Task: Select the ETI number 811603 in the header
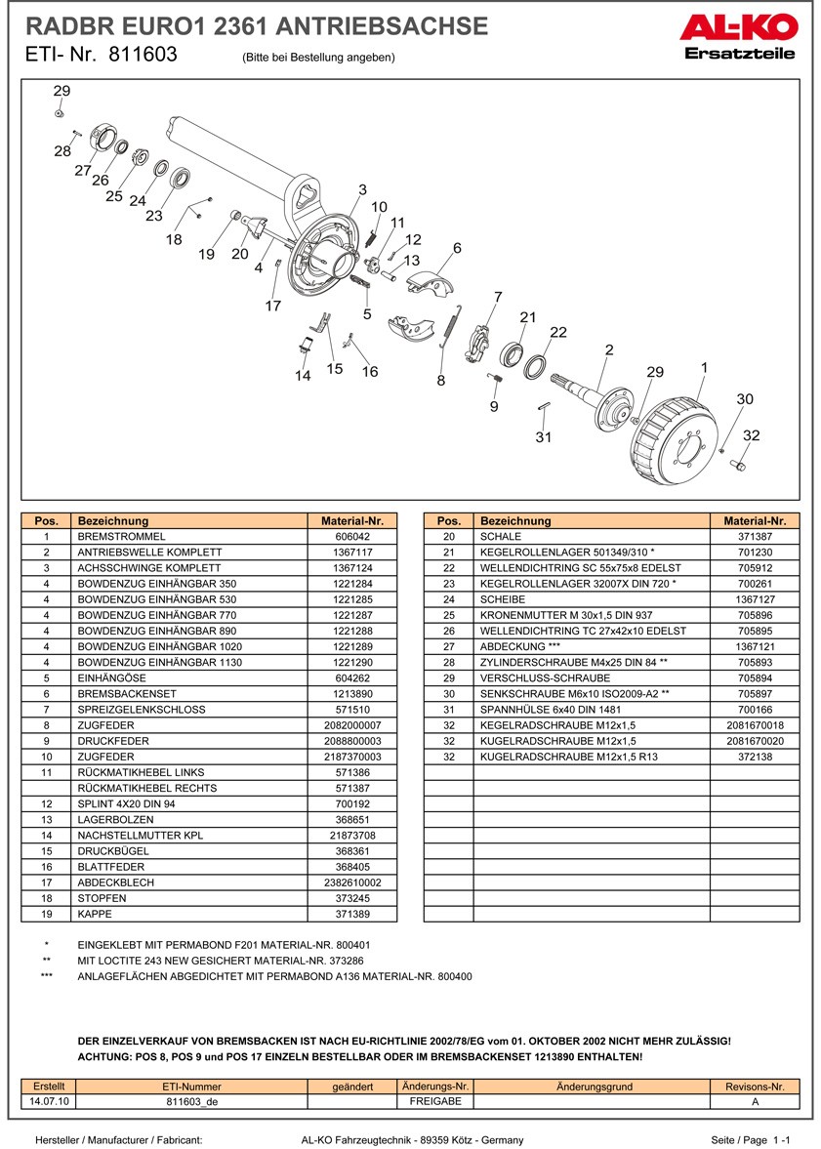click(143, 55)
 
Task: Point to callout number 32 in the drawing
click(751, 435)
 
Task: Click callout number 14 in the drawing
click(303, 376)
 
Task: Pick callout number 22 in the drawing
click(557, 332)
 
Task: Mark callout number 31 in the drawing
click(543, 437)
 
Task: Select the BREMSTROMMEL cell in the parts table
click(121, 536)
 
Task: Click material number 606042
click(352, 536)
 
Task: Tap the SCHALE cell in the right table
click(501, 536)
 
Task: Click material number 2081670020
click(755, 741)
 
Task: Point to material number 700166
click(755, 710)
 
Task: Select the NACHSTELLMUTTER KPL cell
click(132, 836)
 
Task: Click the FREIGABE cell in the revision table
click(434, 1101)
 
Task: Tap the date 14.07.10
click(48, 1101)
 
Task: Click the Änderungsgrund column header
click(594, 1087)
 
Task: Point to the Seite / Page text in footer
click(739, 1139)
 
